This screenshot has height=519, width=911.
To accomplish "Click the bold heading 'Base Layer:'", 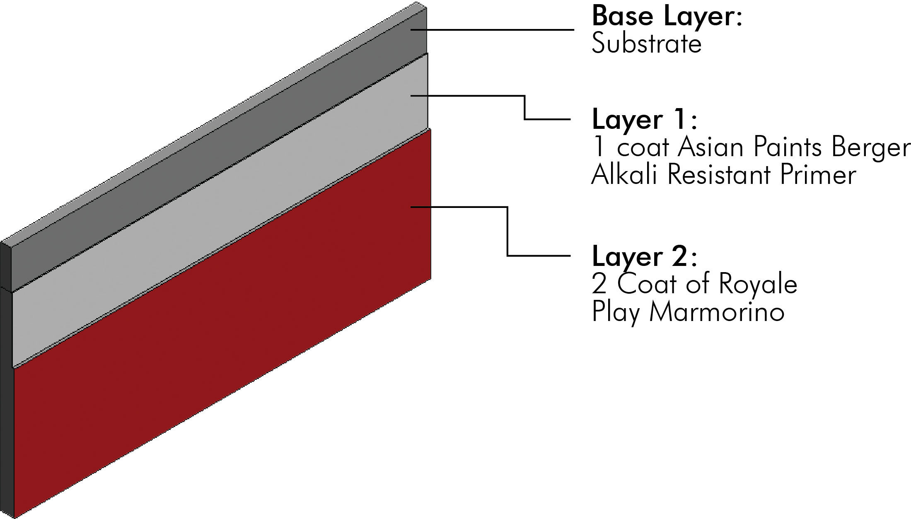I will tap(667, 17).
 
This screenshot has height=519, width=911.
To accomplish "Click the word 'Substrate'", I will tap(646, 43).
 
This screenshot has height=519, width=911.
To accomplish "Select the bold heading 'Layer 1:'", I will tap(645, 120).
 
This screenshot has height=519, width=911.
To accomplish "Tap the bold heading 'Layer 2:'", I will tap(645, 257).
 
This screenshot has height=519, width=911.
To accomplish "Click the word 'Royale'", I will tap(758, 285).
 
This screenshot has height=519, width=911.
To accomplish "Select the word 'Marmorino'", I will tap(717, 312).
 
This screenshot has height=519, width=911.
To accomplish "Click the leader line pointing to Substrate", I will tap(497, 30).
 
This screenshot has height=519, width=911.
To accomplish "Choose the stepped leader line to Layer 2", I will tap(508, 232).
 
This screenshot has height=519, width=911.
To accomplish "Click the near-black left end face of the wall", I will tap(7, 373).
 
